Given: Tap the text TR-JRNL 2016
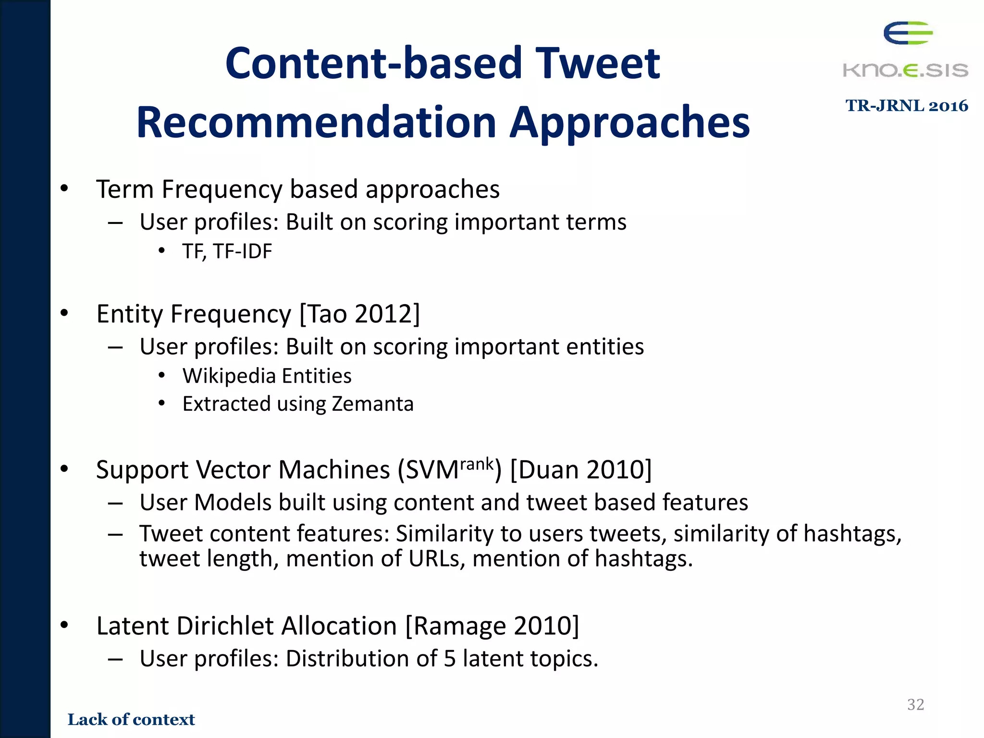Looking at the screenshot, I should click(x=906, y=106).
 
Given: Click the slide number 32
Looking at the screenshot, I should click(x=915, y=704).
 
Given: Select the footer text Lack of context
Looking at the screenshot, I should click(x=131, y=719).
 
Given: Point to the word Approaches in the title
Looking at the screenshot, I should click(x=629, y=123).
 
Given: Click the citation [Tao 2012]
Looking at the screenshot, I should click(x=359, y=314).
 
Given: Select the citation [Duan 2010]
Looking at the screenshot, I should click(x=580, y=469).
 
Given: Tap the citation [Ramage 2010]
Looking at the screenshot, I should click(x=492, y=626).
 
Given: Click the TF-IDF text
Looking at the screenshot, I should click(x=242, y=251).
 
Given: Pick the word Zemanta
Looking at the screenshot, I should click(x=372, y=404).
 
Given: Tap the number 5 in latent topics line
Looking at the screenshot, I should click(x=449, y=658).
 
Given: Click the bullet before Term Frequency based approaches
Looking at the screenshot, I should click(x=64, y=189).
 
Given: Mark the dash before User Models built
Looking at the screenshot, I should click(x=115, y=503).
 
